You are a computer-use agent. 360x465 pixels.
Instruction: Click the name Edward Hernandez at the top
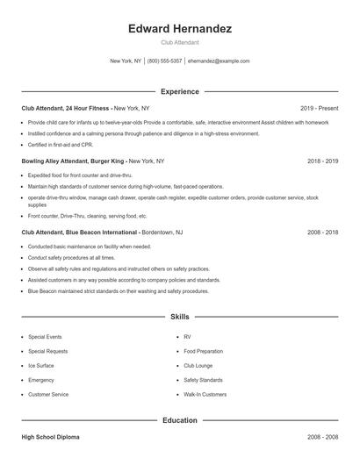(180, 29)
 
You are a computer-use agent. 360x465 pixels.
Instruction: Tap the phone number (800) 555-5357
(165, 61)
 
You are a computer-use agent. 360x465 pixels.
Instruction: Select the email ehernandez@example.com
(219, 61)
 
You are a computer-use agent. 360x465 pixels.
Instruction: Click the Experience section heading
(180, 91)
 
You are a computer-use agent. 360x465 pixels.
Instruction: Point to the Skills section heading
(180, 316)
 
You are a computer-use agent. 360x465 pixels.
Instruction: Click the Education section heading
(180, 420)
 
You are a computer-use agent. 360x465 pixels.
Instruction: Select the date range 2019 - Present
(319, 108)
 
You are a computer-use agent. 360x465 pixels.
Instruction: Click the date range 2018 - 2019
(322, 161)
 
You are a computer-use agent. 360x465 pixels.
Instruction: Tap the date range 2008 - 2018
(322, 232)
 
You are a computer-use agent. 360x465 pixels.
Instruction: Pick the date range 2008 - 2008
(322, 436)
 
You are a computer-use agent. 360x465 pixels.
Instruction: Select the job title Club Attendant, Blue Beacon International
(80, 232)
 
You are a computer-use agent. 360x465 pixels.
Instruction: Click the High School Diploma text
(51, 436)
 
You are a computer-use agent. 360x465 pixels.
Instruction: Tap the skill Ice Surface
(40, 365)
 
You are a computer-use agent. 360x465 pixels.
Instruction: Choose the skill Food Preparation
(203, 351)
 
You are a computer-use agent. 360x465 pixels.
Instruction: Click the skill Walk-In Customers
(205, 395)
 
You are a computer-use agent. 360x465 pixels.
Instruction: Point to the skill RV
(187, 337)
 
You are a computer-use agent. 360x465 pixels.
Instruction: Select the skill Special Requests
(47, 351)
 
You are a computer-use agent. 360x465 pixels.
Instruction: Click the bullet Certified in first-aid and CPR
(60, 144)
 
